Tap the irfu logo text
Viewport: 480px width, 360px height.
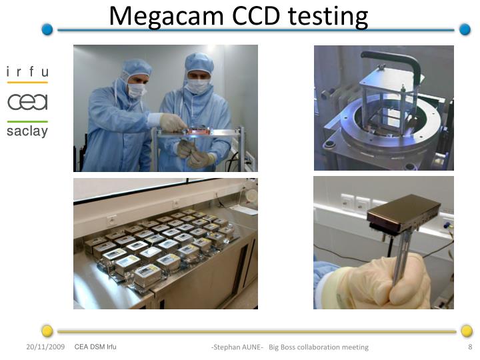(x=27, y=72)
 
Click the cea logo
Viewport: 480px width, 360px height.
(x=27, y=101)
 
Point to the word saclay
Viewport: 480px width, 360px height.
(x=27, y=131)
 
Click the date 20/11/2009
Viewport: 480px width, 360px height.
(x=45, y=347)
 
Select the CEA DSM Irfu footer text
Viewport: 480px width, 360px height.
(x=95, y=347)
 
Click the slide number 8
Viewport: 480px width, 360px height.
(x=470, y=347)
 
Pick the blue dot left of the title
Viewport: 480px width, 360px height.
(x=47, y=29)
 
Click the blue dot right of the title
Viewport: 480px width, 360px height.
(x=465, y=29)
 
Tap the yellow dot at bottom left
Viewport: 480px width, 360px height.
(x=47, y=331)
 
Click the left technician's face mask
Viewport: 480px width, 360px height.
(x=136, y=91)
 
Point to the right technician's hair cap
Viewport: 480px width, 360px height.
(x=199, y=63)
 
